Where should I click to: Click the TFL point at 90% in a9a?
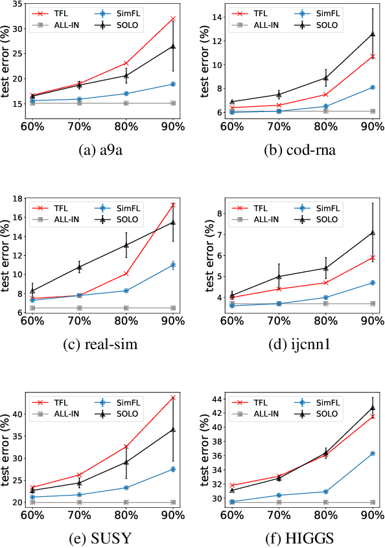[173, 18]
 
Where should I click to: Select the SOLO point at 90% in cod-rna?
[373, 34]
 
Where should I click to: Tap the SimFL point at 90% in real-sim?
[173, 264]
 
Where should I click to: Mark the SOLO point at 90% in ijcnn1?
[373, 232]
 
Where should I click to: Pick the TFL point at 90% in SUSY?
[173, 397]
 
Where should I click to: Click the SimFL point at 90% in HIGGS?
[373, 453]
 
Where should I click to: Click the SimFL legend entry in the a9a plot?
[123, 13]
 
